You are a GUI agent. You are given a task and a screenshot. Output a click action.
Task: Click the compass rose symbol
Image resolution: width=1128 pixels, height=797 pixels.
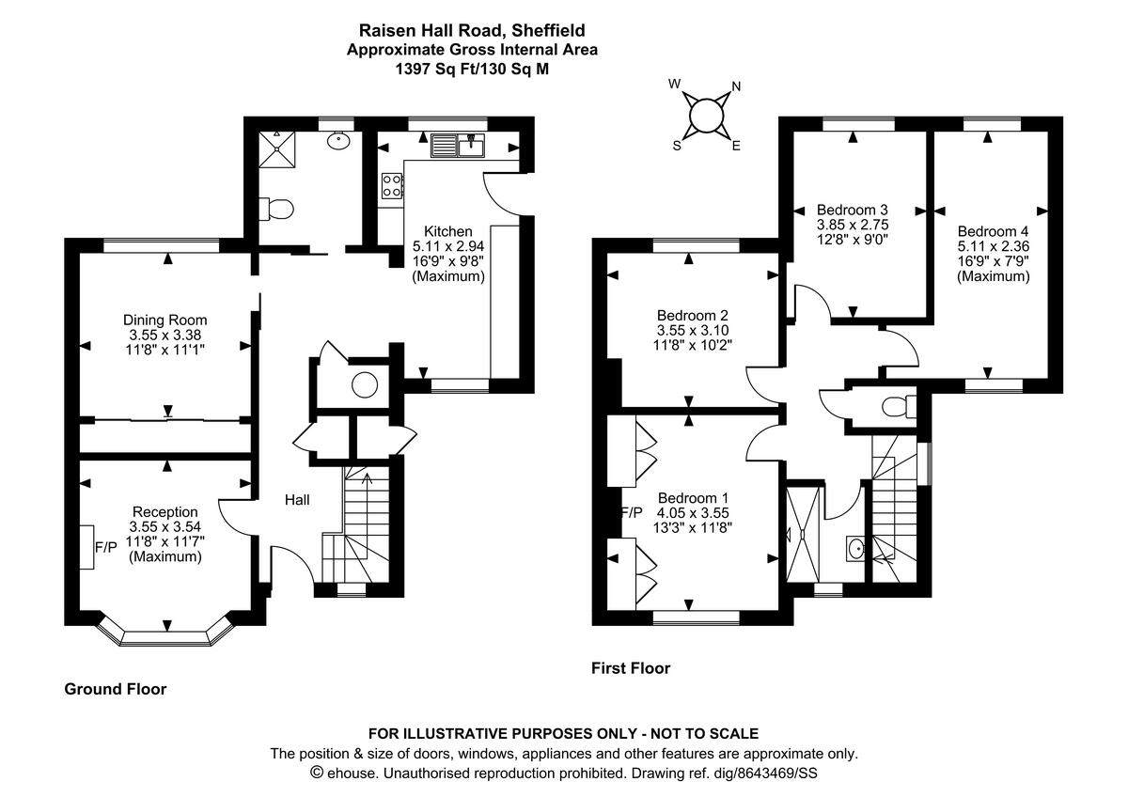705,115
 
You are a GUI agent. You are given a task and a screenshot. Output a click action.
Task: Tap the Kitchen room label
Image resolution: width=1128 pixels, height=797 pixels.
447,231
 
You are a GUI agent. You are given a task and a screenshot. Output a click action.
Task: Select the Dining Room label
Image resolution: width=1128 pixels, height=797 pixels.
165,320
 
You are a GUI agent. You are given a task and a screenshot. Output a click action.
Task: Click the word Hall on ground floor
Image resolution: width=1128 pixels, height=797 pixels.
297,501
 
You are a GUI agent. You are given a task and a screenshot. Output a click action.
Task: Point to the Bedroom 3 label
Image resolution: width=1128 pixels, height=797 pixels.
853,209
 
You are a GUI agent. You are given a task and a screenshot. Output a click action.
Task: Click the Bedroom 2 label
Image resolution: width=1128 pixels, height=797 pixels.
693,316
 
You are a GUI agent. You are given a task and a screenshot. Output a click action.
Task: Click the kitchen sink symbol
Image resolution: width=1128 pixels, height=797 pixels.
458,146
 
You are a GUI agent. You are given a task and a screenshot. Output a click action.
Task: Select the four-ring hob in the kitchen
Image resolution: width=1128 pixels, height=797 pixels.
391,185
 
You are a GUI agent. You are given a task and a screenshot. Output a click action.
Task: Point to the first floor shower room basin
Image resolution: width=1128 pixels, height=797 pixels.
855,546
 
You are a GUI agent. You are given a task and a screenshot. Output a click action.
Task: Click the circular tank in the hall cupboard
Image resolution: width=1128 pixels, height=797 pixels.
365,384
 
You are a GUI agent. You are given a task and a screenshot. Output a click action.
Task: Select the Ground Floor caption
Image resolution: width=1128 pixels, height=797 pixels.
115,689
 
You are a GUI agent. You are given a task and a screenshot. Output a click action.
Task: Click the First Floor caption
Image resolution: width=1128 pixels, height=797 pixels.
631,668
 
